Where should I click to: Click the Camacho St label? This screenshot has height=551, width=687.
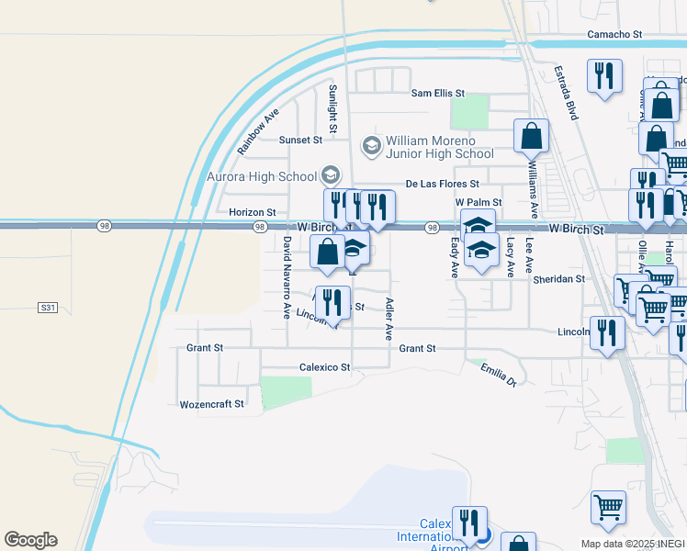coord(614,35)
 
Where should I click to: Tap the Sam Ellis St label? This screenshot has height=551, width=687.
coord(438,94)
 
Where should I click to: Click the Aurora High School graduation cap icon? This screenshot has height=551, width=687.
coord(329,175)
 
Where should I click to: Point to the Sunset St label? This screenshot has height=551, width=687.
coord(301,141)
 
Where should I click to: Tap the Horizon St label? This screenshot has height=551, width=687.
coord(253,212)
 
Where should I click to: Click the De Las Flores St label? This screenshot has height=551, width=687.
coord(443,184)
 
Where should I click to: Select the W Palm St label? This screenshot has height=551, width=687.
coord(479,202)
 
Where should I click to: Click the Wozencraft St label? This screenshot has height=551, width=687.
coord(212,404)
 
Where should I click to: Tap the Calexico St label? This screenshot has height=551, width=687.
coord(325,367)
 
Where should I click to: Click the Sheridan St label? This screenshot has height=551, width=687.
coord(558,279)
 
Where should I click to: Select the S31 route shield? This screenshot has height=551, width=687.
coord(48,307)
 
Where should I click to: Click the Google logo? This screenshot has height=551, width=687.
coord(30,540)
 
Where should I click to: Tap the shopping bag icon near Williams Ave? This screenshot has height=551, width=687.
coord(531,137)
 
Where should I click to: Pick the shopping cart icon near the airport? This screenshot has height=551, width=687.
coord(608,507)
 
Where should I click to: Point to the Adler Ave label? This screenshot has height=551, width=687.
coord(389,319)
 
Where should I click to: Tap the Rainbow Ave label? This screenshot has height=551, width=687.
coord(257,133)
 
